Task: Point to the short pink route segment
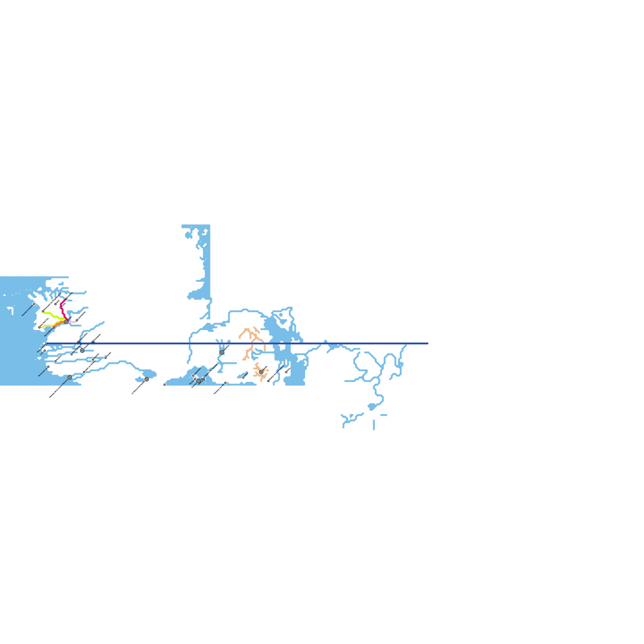coord(72,322)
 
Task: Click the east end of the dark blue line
coord(427,343)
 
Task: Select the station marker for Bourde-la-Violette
coord(34,304)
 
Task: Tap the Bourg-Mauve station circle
coord(54,327)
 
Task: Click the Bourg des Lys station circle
coord(48,367)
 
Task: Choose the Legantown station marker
coord(44,351)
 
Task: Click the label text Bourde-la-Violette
coord(27,311)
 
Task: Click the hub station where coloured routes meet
coord(66,322)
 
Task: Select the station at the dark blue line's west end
coord(46,343)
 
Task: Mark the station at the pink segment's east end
coord(77,320)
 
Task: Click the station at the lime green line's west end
coord(43,311)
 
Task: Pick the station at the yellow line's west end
coord(39,327)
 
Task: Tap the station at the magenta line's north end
coord(66,299)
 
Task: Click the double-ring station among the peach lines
coord(261,372)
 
